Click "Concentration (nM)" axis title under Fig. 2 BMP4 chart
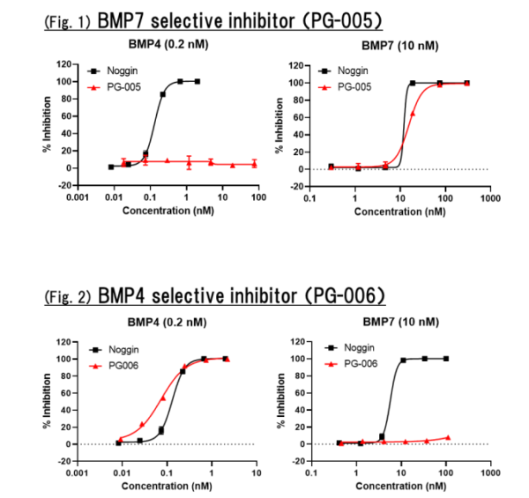(168, 483)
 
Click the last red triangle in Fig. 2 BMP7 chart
(448, 437)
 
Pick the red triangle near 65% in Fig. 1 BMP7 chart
(412, 113)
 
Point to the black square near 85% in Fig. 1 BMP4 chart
(162, 94)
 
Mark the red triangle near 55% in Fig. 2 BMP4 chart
(162, 398)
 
